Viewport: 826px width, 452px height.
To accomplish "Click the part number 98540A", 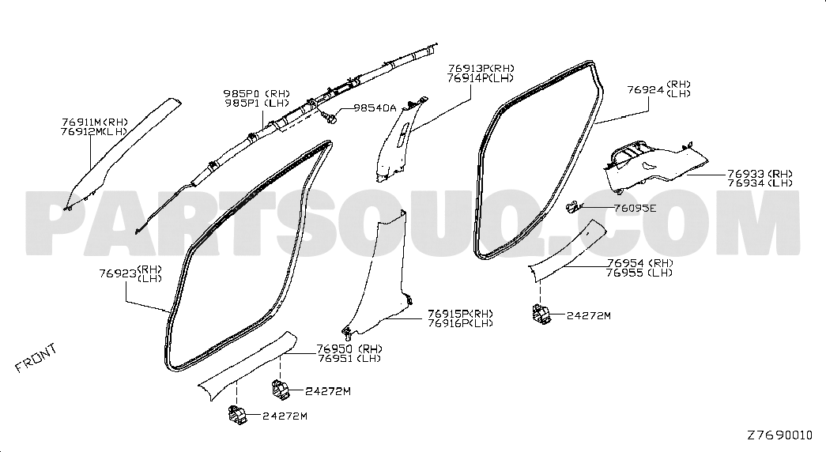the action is click(375, 108).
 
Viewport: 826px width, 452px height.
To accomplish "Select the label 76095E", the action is click(635, 208).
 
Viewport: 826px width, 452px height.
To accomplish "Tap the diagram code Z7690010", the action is click(779, 435).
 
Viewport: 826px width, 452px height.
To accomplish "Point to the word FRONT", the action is click(36, 358).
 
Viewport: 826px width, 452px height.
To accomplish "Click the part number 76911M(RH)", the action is click(94, 122).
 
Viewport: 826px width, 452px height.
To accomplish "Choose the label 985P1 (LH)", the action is click(257, 103).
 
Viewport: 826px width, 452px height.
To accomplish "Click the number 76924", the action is click(645, 89).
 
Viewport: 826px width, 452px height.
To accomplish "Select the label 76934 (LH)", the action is click(760, 183).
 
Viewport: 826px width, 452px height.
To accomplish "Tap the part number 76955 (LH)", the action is click(639, 273).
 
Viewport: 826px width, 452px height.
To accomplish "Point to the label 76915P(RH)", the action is click(460, 314).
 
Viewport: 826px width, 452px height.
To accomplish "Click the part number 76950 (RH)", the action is click(349, 348).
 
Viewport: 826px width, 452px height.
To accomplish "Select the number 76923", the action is click(117, 274).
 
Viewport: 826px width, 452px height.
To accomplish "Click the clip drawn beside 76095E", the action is click(573, 208).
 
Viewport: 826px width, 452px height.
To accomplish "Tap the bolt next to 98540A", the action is click(330, 118).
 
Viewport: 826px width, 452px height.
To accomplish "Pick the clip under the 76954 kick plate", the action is click(541, 314).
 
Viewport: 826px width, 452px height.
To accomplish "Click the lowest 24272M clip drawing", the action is click(238, 415).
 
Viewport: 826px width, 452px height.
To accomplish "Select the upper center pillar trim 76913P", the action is click(396, 138).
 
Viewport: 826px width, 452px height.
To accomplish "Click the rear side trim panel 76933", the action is click(653, 165).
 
